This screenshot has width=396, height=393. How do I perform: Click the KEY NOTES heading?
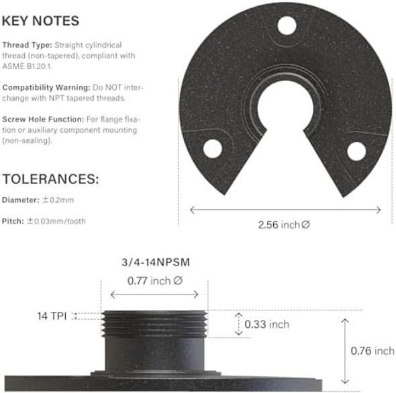point(41,21)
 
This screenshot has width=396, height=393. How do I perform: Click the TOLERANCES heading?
point(51,179)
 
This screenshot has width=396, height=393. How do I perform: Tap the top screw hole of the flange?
point(287,26)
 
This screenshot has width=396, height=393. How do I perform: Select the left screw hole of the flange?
point(213,148)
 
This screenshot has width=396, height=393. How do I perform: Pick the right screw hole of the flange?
point(356,151)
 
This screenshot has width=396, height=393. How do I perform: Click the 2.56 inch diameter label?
point(284,225)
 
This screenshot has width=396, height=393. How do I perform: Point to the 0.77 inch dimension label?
point(154,281)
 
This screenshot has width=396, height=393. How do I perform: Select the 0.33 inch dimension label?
point(266,324)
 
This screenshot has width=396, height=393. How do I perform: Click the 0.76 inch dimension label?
point(373,351)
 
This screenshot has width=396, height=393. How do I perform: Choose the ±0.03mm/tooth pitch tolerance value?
point(56,220)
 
